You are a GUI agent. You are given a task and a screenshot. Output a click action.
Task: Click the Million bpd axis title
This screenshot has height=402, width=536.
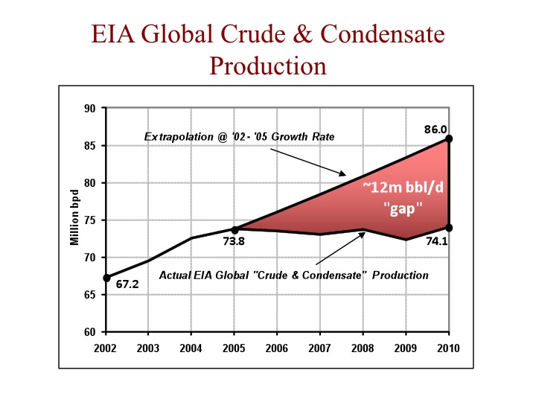75,220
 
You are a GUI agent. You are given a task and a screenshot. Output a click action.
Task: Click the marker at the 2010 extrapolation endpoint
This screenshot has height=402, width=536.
450,138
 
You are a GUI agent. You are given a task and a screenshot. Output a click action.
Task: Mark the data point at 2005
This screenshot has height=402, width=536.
235,229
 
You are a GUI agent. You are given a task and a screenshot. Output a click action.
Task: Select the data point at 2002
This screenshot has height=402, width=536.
107,278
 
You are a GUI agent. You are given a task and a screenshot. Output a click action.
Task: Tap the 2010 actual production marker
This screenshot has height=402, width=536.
450,227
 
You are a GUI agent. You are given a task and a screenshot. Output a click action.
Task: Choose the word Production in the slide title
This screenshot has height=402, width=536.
268,66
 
